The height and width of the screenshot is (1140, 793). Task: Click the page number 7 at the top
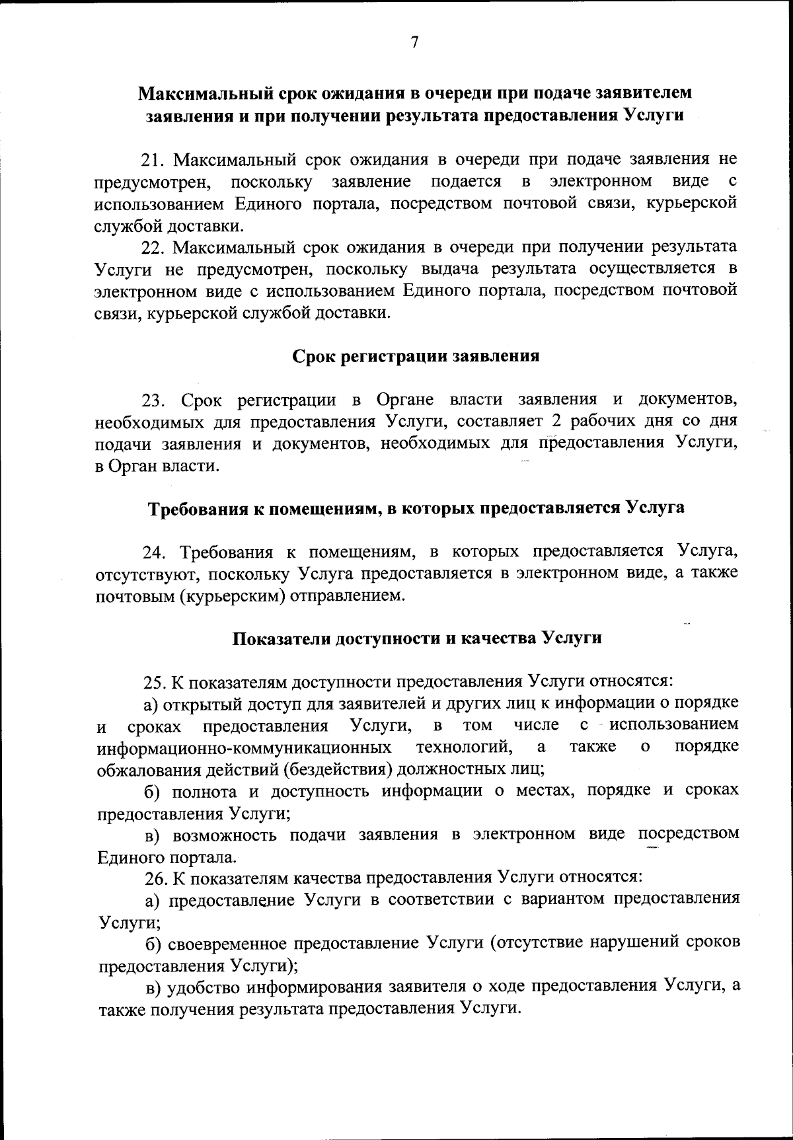tap(414, 43)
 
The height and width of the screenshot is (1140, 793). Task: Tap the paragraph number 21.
tap(156, 159)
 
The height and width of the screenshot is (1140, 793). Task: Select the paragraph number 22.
tap(156, 247)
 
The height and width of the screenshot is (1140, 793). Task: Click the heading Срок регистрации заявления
tap(416, 356)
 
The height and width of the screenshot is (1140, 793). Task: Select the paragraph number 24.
tap(156, 552)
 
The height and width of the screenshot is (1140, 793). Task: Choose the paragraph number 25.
tap(156, 681)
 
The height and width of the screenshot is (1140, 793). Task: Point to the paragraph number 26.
tap(156, 878)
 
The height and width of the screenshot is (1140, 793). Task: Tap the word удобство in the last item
tap(204, 987)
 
